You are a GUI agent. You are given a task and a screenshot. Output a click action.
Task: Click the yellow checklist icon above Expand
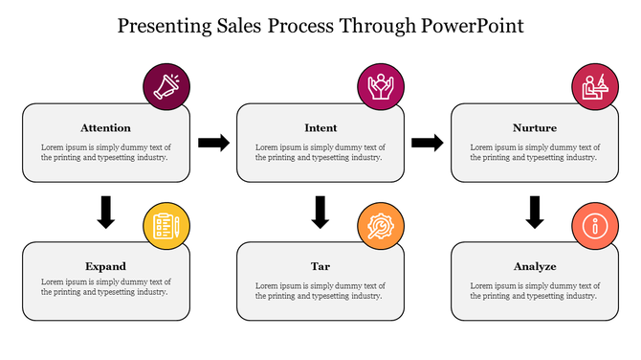pos(166,226)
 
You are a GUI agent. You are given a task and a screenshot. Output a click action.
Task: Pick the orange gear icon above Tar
pos(381,226)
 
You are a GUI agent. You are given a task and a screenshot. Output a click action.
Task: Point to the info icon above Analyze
pos(595,226)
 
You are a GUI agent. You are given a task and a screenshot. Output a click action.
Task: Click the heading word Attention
pos(106,127)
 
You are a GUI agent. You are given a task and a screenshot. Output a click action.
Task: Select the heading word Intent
pos(320,127)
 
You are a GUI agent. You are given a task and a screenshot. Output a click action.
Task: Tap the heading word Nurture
pos(535,127)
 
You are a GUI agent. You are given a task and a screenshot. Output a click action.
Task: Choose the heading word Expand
pos(106,265)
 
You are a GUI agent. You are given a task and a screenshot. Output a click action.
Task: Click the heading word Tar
pos(320,265)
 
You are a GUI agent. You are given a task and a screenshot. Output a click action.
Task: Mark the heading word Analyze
pos(535,265)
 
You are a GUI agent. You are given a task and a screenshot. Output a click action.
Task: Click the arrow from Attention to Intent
pos(213,143)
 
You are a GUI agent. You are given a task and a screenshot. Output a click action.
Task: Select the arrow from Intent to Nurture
pos(428,143)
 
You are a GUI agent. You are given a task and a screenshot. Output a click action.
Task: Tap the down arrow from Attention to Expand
pos(106,212)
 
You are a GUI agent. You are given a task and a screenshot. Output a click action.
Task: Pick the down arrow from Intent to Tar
pos(320,212)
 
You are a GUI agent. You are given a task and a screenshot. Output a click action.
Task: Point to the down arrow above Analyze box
pos(535,212)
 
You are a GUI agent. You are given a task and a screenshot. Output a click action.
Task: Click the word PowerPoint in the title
pos(473,26)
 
